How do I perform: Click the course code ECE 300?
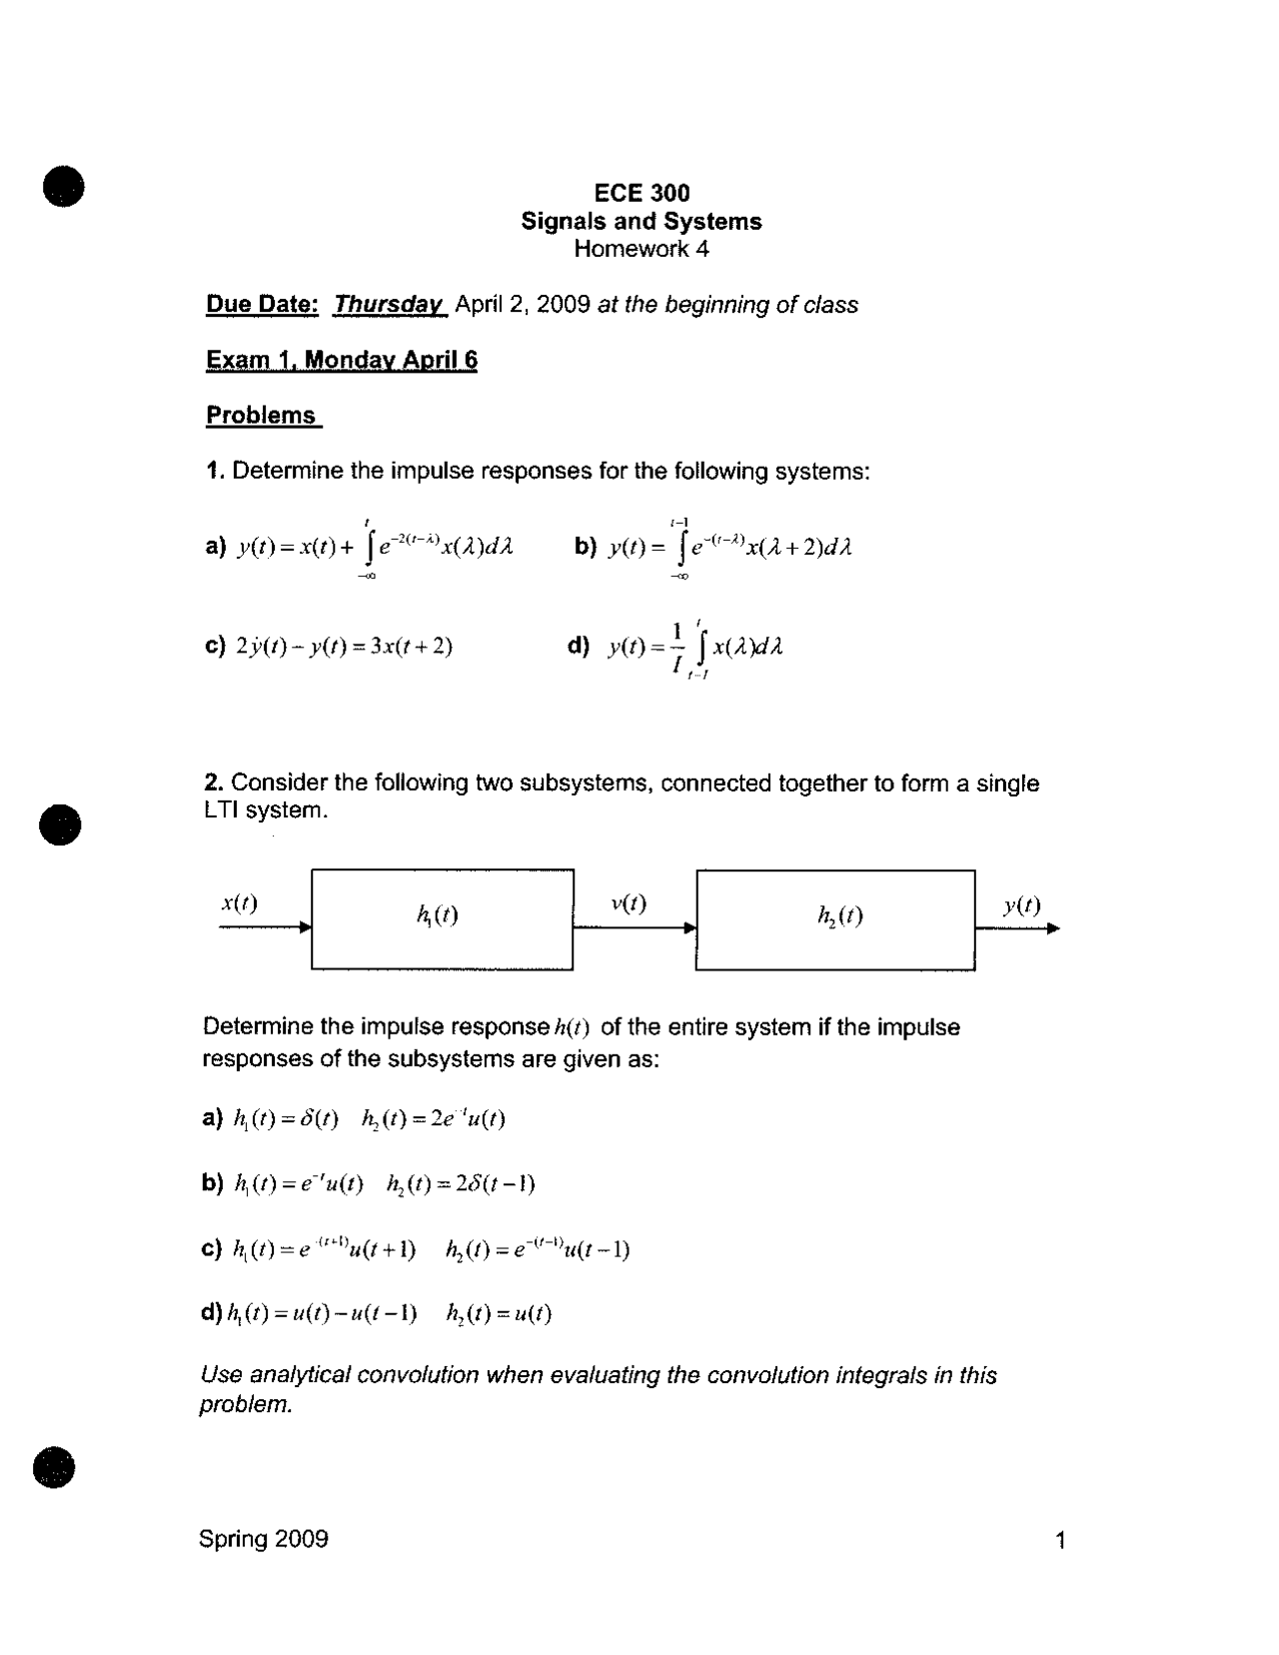click(x=641, y=192)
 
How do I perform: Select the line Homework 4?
click(x=641, y=249)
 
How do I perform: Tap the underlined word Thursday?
click(x=389, y=305)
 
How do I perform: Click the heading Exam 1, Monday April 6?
click(x=342, y=360)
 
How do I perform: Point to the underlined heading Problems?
click(x=262, y=416)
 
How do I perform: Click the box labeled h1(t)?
click(x=442, y=918)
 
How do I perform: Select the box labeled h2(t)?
click(x=835, y=919)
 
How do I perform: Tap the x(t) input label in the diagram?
click(x=239, y=903)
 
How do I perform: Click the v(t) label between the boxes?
click(x=629, y=903)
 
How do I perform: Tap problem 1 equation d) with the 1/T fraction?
click(x=694, y=648)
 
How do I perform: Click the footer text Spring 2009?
click(x=264, y=1538)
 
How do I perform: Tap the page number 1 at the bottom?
click(x=1060, y=1540)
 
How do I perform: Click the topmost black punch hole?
click(x=62, y=186)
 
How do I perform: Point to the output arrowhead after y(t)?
click(x=1053, y=928)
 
